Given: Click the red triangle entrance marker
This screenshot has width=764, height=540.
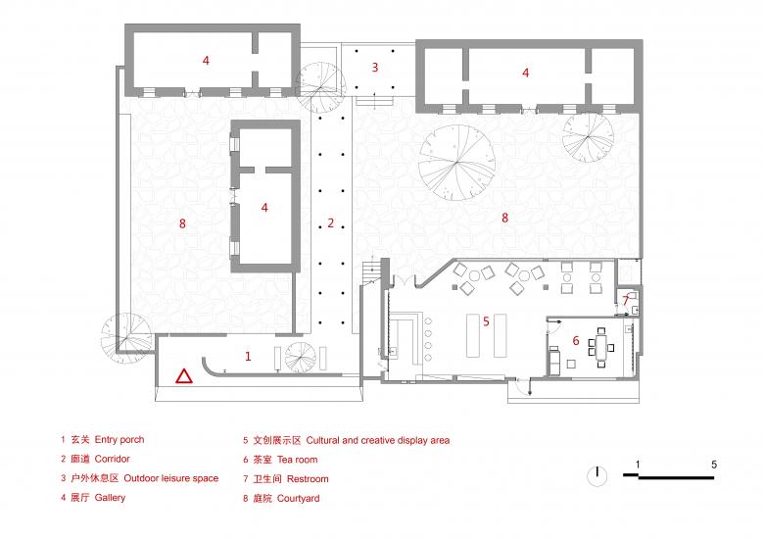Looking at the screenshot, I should [183, 375].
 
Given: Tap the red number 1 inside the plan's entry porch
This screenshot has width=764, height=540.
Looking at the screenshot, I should [248, 358].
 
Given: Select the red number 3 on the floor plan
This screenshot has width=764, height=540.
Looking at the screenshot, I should [374, 68].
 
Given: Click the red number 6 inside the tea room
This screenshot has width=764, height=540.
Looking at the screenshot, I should [576, 340].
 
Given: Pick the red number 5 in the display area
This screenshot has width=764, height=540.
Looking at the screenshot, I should [485, 320].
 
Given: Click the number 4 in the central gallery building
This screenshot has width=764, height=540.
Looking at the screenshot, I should [264, 208].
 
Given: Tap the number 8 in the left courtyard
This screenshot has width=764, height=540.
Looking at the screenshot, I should [182, 224].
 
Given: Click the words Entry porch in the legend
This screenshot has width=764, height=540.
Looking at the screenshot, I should [119, 440].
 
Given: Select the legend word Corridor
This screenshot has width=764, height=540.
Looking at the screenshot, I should [113, 459].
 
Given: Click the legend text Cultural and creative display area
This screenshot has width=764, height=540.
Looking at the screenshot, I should [378, 440].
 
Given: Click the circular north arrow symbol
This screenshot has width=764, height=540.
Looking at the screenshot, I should [595, 475].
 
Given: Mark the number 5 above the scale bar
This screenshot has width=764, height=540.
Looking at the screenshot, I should [714, 464].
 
